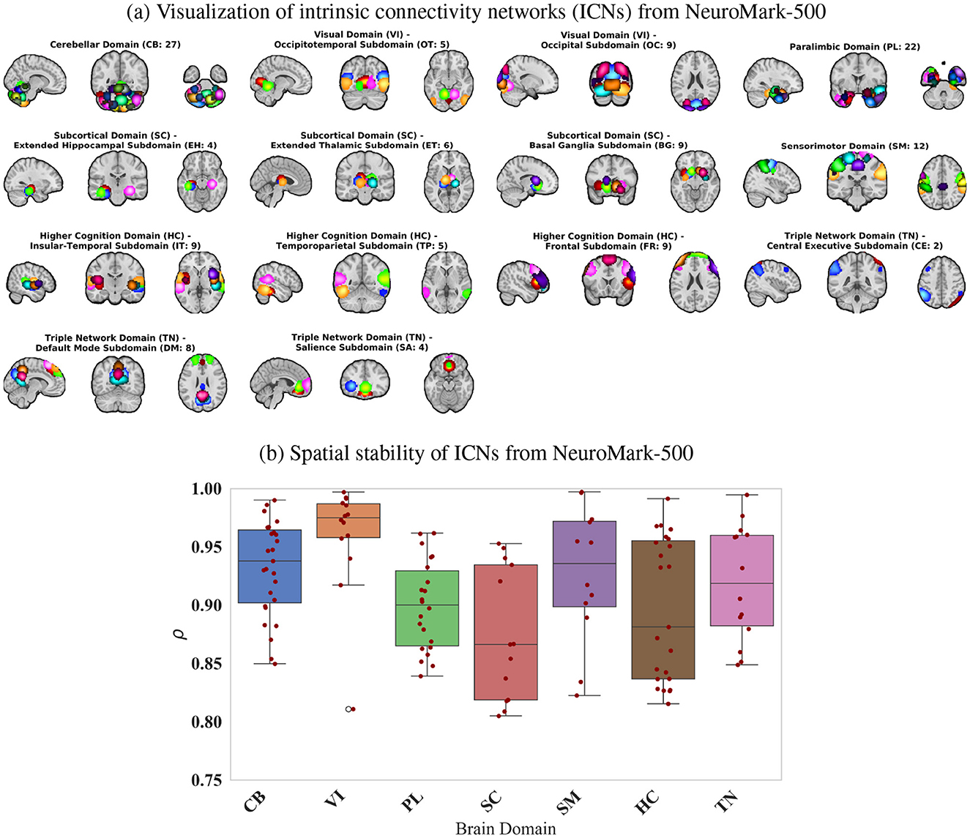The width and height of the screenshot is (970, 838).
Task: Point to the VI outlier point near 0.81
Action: click(349, 709)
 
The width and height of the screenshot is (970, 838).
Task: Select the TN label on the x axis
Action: click(727, 801)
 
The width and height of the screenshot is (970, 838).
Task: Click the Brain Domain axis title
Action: click(506, 828)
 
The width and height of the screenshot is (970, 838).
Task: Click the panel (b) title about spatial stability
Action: click(477, 453)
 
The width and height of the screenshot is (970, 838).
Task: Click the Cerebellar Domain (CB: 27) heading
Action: click(115, 45)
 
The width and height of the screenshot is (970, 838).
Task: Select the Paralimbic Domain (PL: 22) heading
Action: click(854, 47)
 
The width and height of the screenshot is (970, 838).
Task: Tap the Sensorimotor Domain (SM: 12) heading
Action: click(854, 146)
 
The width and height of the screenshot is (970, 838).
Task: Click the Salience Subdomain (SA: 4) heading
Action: click(362, 347)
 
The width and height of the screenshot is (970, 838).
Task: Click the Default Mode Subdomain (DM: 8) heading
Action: click(115, 348)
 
